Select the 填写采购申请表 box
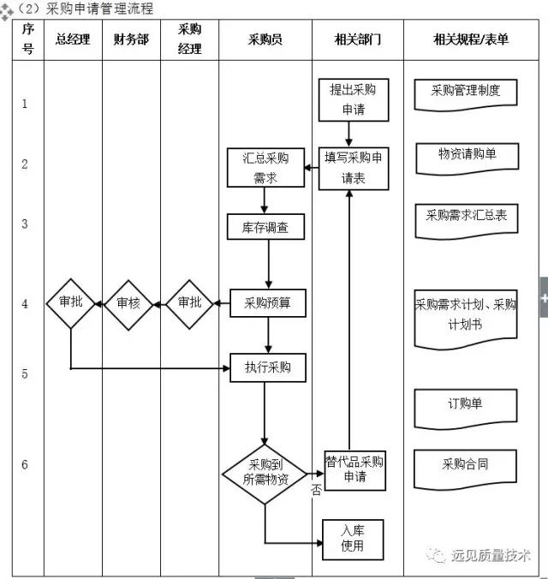click(x=353, y=168)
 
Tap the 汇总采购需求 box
click(x=265, y=168)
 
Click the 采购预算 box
click(x=267, y=302)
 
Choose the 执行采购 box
click(x=267, y=367)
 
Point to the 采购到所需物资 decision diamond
click(x=265, y=473)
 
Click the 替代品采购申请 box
click(x=354, y=469)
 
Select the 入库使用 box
click(x=352, y=539)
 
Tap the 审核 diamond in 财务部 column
click(x=128, y=303)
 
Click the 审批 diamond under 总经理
click(x=70, y=303)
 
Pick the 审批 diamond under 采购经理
click(x=189, y=303)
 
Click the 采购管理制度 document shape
click(x=465, y=92)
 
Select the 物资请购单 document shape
click(x=466, y=156)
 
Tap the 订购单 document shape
click(x=465, y=405)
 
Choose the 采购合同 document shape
click(x=465, y=465)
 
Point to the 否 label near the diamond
click(x=316, y=490)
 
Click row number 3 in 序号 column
click(x=25, y=224)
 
